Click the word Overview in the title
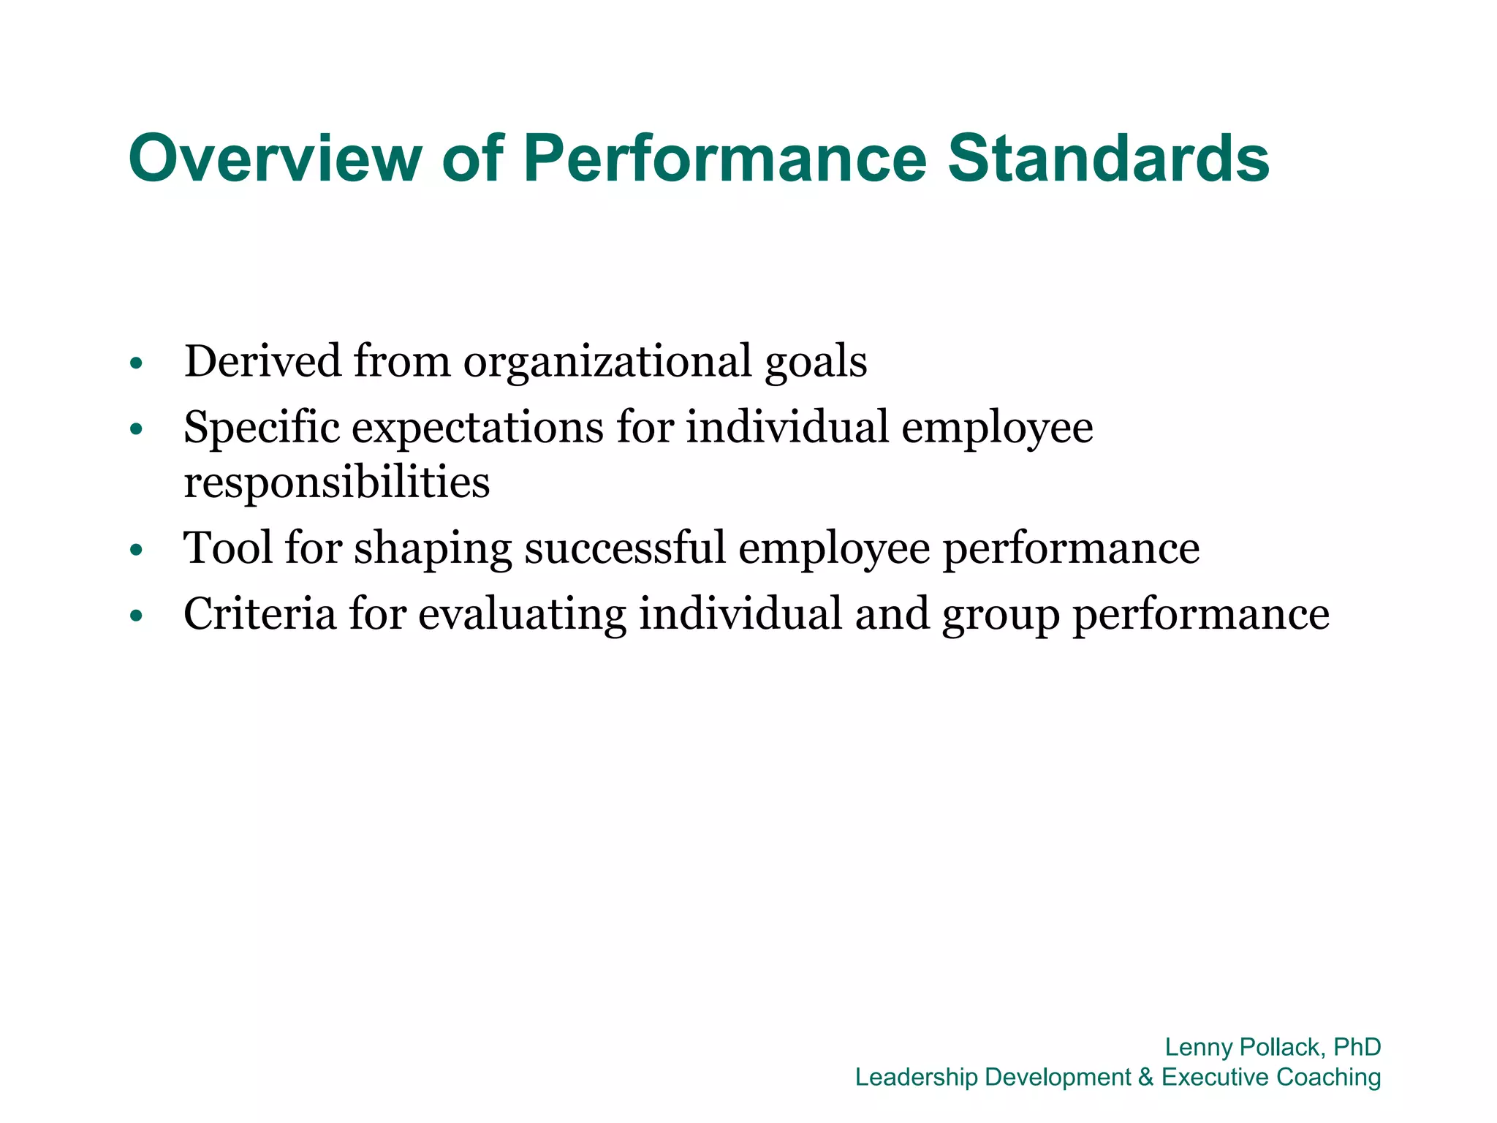point(275,158)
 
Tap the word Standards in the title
point(1108,158)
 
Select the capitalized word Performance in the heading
point(724,158)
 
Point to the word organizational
point(607,362)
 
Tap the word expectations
point(477,428)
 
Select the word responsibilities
point(337,483)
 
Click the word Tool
point(227,548)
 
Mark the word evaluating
point(522,614)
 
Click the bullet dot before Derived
point(135,363)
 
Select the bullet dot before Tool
point(135,551)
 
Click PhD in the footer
point(1357,1047)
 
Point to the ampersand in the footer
point(1145,1077)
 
